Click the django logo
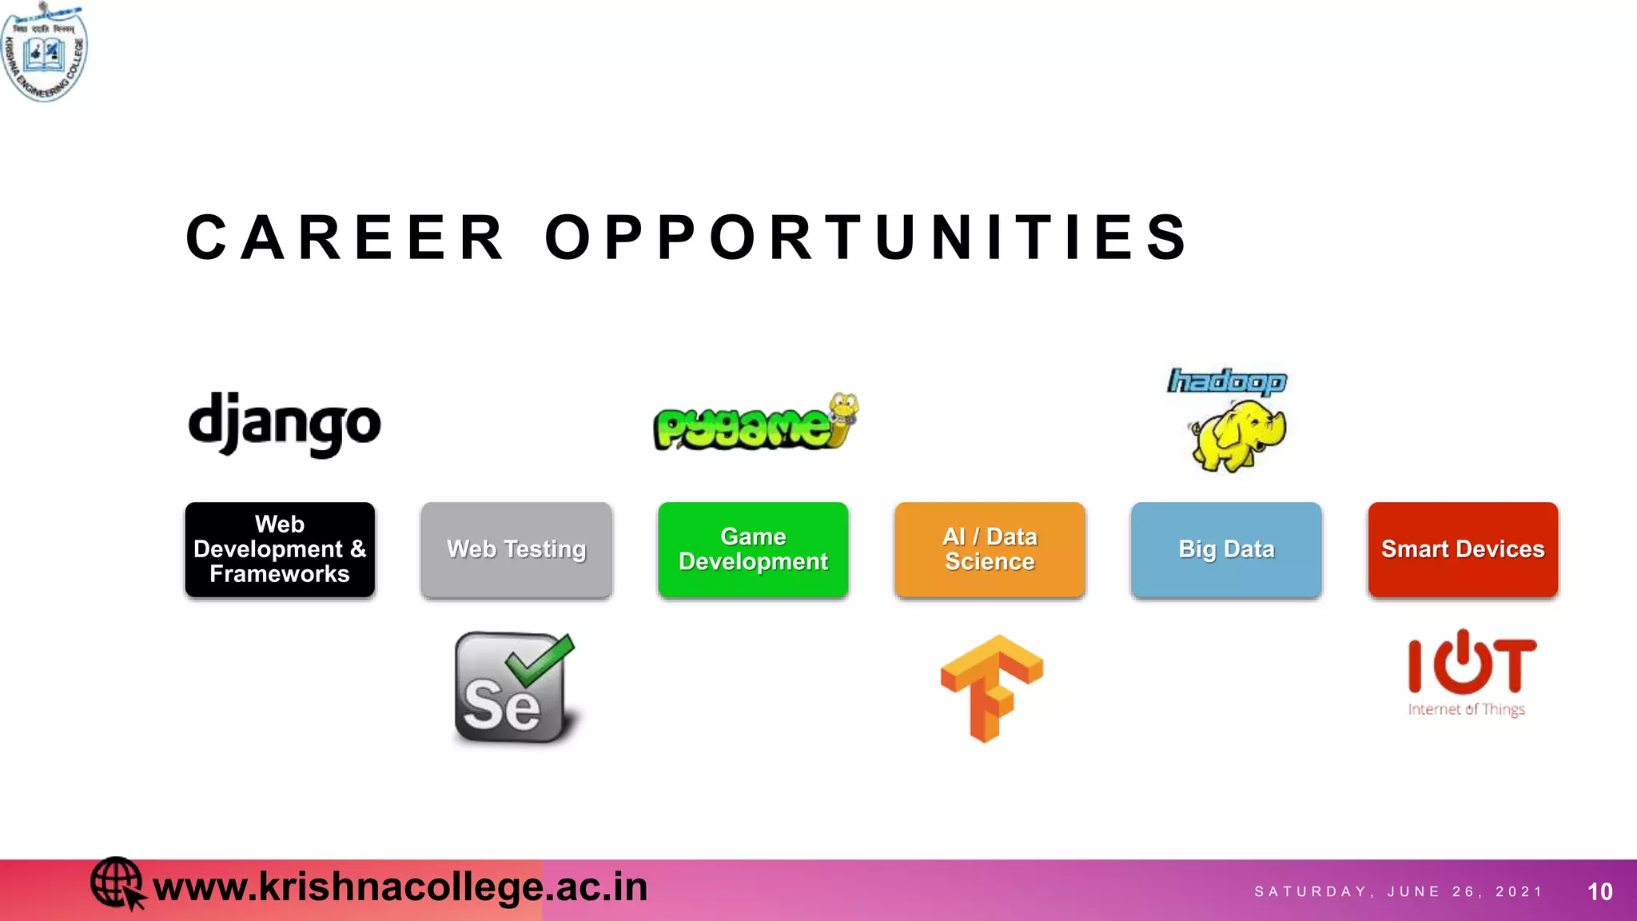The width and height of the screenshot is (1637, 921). (284, 423)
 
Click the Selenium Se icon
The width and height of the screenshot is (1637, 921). (515, 688)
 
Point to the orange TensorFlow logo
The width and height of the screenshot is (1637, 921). (991, 687)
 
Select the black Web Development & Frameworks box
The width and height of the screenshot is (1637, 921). (280, 549)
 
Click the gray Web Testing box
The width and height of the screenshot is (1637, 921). (516, 549)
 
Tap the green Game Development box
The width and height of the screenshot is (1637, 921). (753, 549)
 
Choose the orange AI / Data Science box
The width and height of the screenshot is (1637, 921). (990, 549)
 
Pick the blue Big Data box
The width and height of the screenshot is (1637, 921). (1226, 549)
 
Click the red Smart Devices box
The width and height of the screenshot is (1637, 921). (1463, 549)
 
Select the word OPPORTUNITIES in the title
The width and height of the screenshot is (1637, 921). (867, 237)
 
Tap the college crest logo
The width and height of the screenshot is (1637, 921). (45, 51)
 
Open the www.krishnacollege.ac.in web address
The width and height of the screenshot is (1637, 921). (400, 887)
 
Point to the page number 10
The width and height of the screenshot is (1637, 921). (1599, 891)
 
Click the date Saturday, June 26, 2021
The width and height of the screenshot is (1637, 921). (1398, 891)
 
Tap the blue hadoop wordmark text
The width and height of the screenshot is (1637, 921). (1227, 381)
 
